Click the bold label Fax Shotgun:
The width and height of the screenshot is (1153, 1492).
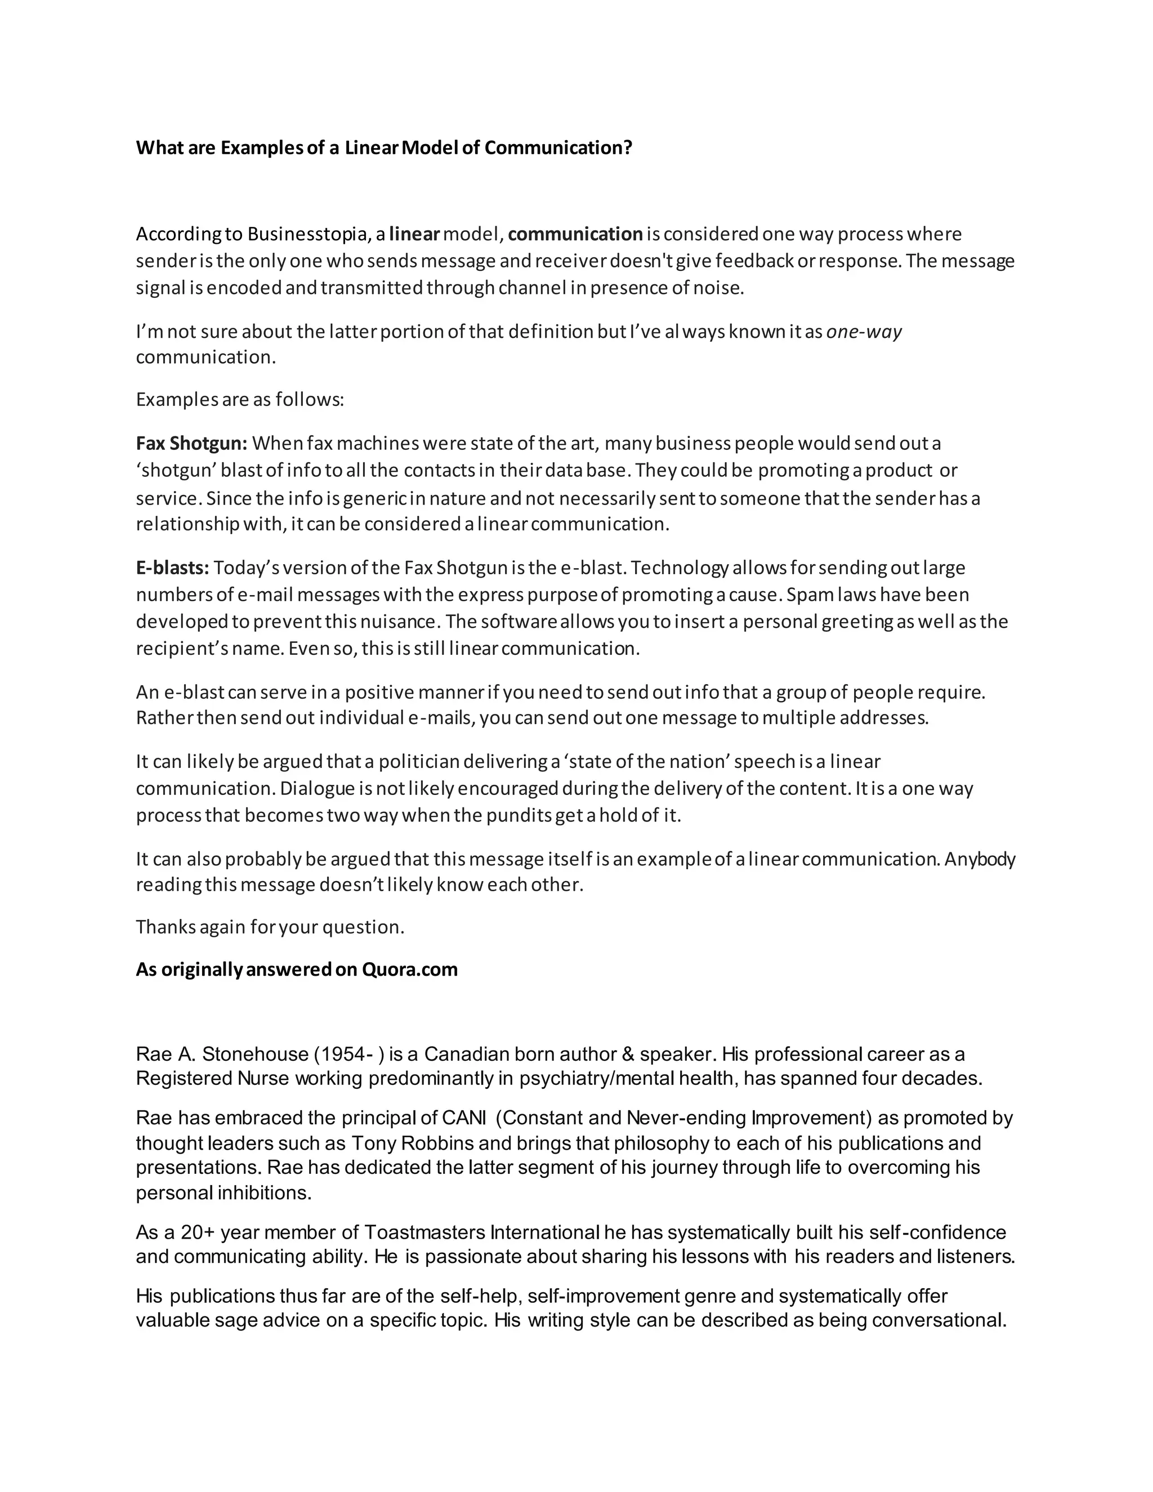pyautogui.click(x=191, y=443)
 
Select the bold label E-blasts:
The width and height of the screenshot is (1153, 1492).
pyautogui.click(x=172, y=568)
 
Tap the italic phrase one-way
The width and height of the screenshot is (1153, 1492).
pyautogui.click(x=864, y=332)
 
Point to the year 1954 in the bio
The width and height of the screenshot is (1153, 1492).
pyautogui.click(x=342, y=1054)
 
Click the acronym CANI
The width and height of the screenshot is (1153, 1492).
pyautogui.click(x=464, y=1118)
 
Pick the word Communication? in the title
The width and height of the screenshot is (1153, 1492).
pyautogui.click(x=558, y=148)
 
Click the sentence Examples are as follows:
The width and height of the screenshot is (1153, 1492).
pyautogui.click(x=240, y=400)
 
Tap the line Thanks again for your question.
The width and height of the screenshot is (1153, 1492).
pyautogui.click(x=270, y=927)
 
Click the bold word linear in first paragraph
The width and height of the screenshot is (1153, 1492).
pyautogui.click(x=414, y=234)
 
